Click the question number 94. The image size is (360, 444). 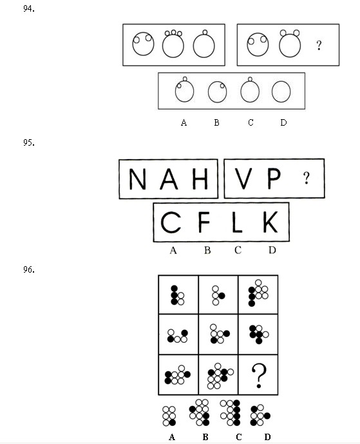(29, 9)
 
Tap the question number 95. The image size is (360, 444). (29, 142)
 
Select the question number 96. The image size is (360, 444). (29, 269)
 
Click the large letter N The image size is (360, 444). (138, 179)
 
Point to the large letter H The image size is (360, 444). (200, 179)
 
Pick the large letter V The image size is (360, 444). (243, 179)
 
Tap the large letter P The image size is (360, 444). (274, 179)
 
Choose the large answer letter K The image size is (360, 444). (270, 222)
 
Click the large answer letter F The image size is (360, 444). (204, 222)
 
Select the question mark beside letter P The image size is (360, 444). (307, 178)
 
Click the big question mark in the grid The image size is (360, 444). (259, 376)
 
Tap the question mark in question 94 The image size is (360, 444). (319, 45)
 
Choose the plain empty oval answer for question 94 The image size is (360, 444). (281, 91)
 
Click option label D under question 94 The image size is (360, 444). (283, 122)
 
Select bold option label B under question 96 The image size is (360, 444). (205, 437)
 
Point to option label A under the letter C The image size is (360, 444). (173, 250)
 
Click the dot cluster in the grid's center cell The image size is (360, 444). (220, 334)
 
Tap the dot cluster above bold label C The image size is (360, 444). (230, 412)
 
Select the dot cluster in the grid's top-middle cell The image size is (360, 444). (218, 295)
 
